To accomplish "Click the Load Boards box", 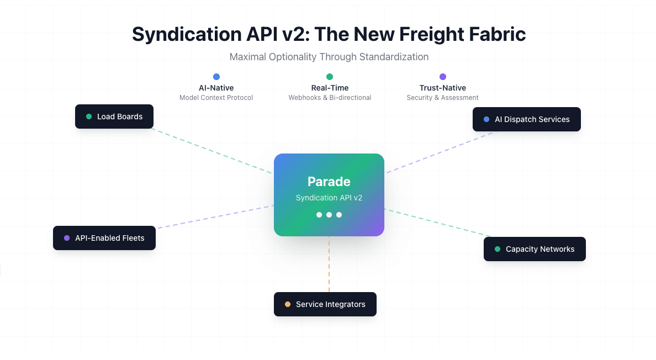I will tap(114, 117).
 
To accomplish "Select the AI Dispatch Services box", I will tap(526, 119).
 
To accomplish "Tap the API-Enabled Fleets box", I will tap(104, 238).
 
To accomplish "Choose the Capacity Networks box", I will tap(535, 249).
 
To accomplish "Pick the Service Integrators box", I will tap(325, 304).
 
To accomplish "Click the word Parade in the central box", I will tap(329, 182).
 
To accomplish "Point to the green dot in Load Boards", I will tap(89, 117).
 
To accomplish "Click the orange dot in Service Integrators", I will tap(288, 304).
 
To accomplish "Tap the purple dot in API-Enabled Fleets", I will tap(67, 238).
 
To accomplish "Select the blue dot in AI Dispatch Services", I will tap(486, 119).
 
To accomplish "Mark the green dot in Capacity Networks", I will tap(498, 249).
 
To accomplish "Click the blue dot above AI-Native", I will tap(216, 77).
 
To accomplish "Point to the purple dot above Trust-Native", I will tap(443, 77).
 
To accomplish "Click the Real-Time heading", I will tap(330, 88).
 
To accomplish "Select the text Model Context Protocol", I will tap(216, 98).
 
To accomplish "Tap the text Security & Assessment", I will tap(443, 98).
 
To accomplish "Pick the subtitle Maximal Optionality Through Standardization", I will tap(329, 57).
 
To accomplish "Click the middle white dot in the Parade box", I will tap(329, 215).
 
